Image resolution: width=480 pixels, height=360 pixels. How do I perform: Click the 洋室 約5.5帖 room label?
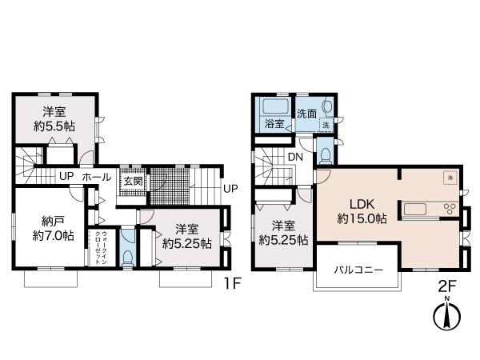[54, 118]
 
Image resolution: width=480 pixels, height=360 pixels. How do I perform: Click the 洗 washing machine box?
[326, 126]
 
